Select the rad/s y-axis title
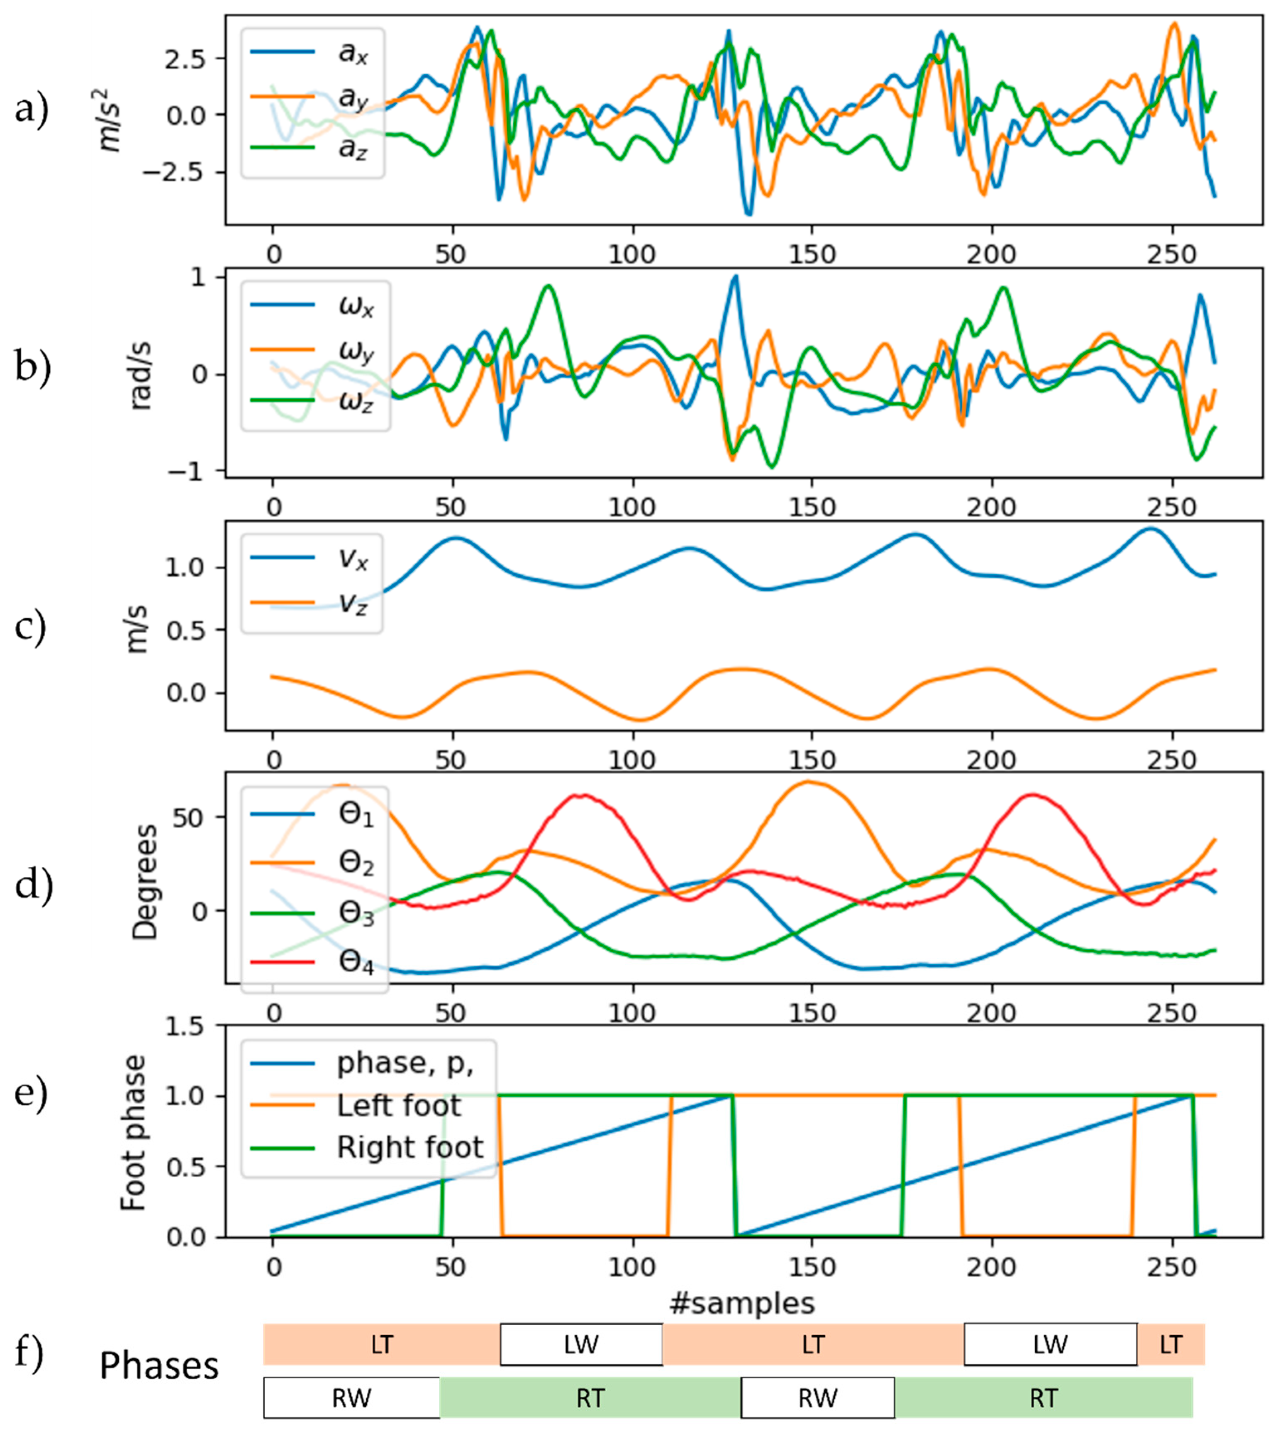141,373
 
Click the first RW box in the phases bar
351,1397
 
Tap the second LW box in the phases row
1050,1344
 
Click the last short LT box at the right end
1171,1344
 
